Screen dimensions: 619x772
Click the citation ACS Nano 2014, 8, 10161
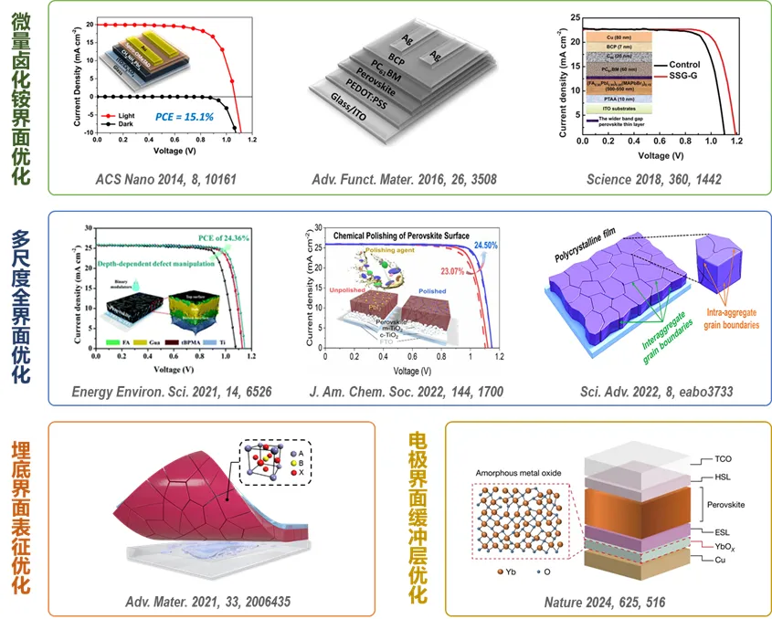point(164,179)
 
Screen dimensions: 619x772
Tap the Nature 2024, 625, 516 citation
point(605,602)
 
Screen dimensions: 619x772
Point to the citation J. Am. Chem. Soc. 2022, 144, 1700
point(411,392)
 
